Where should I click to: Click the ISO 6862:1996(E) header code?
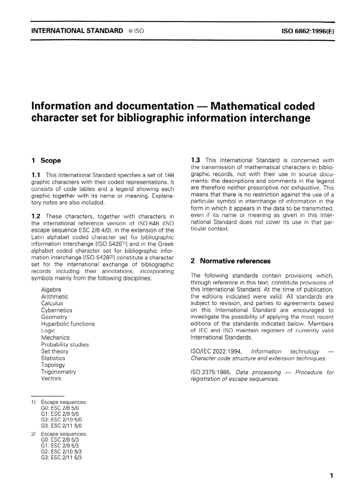click(x=308, y=31)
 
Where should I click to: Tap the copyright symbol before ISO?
click(x=130, y=31)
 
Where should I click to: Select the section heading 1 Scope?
click(x=46, y=160)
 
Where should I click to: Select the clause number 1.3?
click(x=196, y=160)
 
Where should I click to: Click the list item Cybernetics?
click(x=56, y=310)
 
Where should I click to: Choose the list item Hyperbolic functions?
click(x=68, y=323)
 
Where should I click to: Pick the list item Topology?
click(x=53, y=364)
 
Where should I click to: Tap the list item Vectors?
click(x=51, y=378)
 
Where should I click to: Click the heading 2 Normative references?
click(x=230, y=261)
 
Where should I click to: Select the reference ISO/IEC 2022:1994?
click(x=216, y=351)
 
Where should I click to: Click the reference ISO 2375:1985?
click(x=211, y=372)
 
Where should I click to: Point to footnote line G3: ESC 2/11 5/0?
click(x=61, y=425)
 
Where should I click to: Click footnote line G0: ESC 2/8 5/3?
click(x=59, y=440)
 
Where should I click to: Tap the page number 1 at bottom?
click(x=332, y=476)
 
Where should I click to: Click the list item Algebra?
click(x=51, y=289)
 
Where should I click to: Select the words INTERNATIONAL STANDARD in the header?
click(x=77, y=31)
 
